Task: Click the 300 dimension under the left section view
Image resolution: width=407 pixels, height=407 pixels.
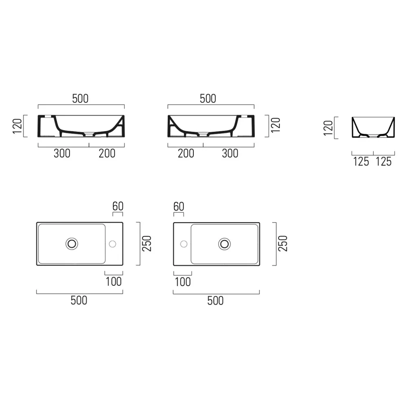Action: [x=62, y=153]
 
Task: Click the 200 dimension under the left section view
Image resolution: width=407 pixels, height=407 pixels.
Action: [x=107, y=153]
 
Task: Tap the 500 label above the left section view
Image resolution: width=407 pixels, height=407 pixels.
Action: [x=80, y=98]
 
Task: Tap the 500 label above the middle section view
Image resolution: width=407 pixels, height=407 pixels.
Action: [x=208, y=98]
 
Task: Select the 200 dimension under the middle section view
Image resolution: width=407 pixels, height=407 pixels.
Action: [x=186, y=153]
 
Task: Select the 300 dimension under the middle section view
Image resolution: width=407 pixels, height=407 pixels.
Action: [x=230, y=153]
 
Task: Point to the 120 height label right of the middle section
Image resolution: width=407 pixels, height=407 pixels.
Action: [x=276, y=125]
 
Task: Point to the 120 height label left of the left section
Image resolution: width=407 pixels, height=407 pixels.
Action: [x=18, y=126]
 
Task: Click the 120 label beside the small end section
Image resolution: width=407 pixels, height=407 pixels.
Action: [x=328, y=128]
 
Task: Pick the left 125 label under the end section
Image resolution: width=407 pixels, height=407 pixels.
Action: [x=361, y=162]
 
